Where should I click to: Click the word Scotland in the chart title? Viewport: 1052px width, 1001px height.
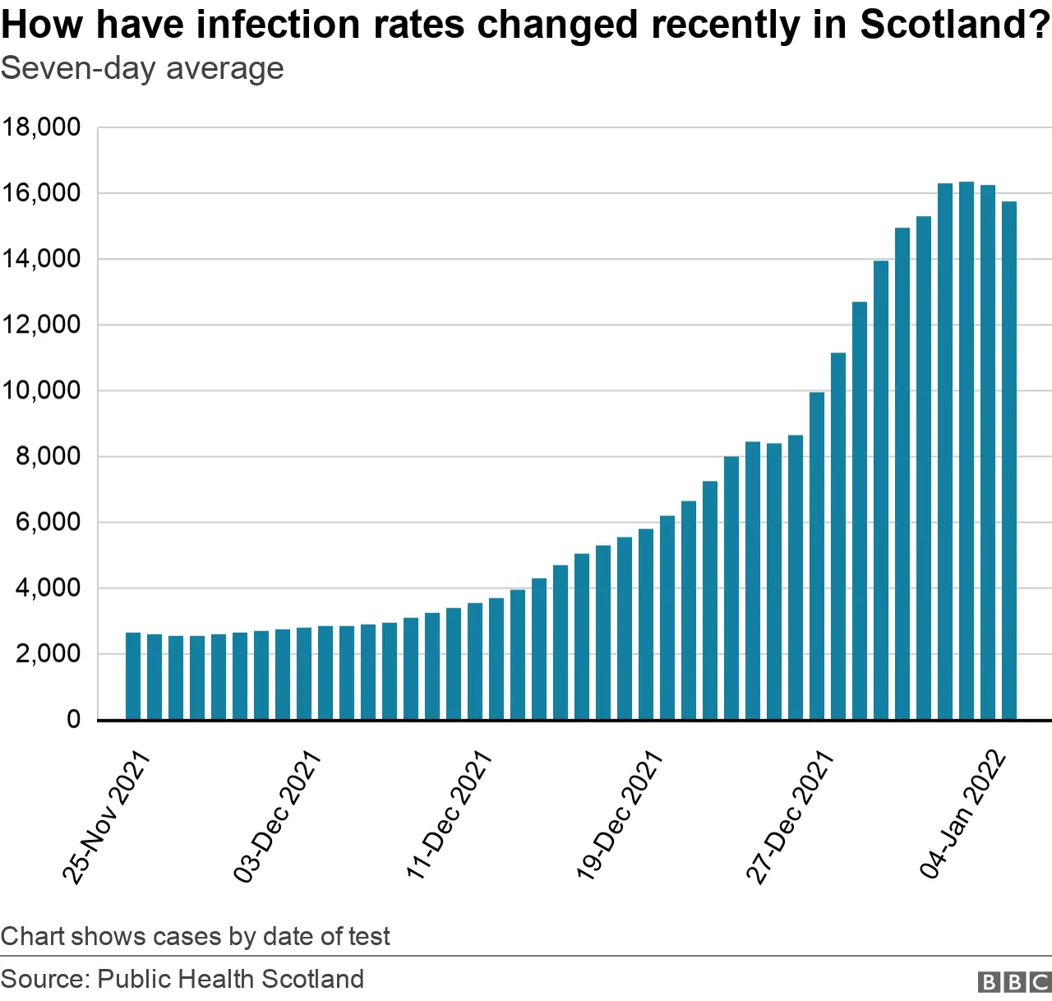pyautogui.click(x=953, y=25)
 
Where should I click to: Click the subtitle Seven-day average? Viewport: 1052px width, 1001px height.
pyautogui.click(x=142, y=69)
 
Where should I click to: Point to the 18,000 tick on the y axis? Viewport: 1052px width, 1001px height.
pyautogui.click(x=41, y=127)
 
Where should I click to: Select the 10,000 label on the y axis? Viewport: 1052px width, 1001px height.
pyautogui.click(x=41, y=390)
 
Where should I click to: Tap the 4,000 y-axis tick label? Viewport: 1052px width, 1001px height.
pyautogui.click(x=48, y=588)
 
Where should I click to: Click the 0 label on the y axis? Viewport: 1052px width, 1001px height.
pyautogui.click(x=74, y=720)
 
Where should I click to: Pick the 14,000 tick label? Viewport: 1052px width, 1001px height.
pyautogui.click(x=41, y=259)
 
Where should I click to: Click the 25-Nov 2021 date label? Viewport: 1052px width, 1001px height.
pyautogui.click(x=107, y=817)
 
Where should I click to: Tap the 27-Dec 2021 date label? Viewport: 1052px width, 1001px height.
pyautogui.click(x=790, y=817)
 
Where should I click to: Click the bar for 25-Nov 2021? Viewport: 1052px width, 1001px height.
pyautogui.click(x=133, y=676)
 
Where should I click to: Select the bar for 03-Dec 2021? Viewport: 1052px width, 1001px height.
pyautogui.click(x=304, y=673)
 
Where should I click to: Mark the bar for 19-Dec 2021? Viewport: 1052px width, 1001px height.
pyautogui.click(x=646, y=624)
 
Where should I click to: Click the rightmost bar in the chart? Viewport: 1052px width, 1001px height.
pyautogui.click(x=1009, y=460)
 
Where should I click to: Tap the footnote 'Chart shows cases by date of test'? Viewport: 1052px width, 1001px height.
pyautogui.click(x=196, y=936)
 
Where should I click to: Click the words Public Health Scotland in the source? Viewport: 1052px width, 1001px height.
pyautogui.click(x=230, y=979)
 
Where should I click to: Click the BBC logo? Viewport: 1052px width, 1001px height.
pyautogui.click(x=1014, y=981)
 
